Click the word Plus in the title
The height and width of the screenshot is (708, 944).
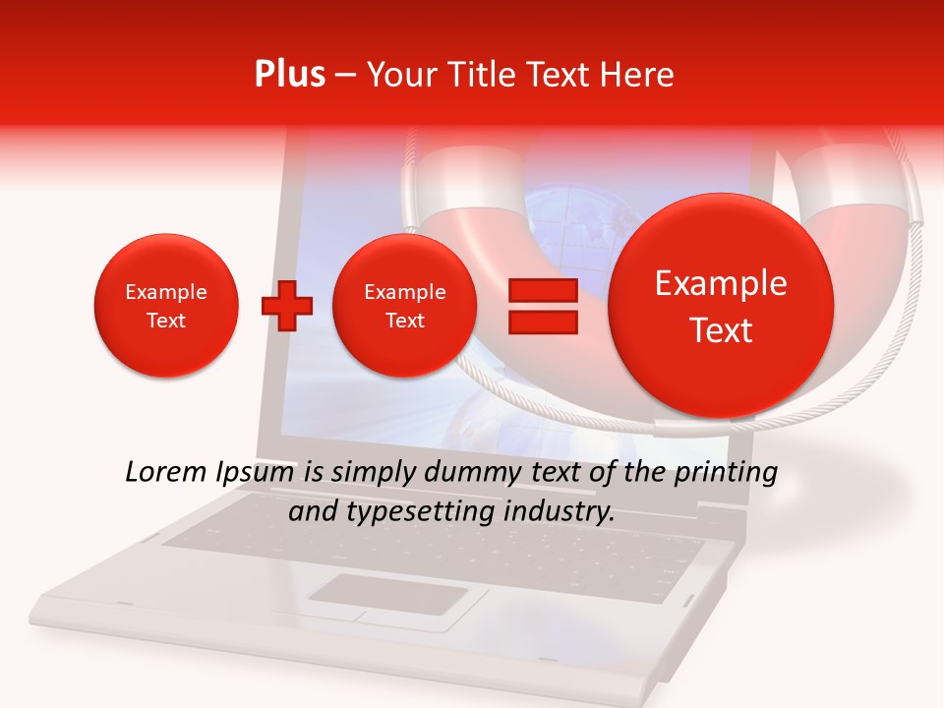289,75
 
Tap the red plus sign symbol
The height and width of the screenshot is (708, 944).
286,306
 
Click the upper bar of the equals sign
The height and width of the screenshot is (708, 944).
543,290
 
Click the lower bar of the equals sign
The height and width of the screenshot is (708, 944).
543,322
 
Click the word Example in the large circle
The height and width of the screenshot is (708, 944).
721,283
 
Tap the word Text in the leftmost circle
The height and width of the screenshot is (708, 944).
166,321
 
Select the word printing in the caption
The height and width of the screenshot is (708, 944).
728,473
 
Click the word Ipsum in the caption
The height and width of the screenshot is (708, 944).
255,473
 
